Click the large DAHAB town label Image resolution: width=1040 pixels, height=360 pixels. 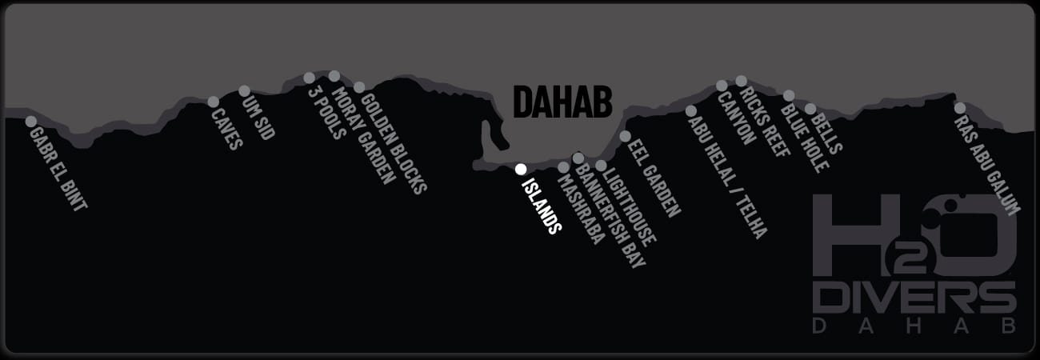tap(562, 102)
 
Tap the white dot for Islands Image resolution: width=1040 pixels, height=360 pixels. tap(520, 169)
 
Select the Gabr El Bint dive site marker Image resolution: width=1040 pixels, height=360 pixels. tap(31, 122)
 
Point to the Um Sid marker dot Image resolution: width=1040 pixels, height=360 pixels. tap(245, 90)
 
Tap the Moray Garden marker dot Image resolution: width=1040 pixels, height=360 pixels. tap(334, 76)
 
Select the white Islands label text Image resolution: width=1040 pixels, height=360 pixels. tap(541, 205)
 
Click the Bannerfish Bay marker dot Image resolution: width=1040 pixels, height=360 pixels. tap(578, 158)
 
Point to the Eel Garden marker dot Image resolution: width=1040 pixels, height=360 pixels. tap(625, 136)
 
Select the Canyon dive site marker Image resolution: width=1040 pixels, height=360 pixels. tap(722, 86)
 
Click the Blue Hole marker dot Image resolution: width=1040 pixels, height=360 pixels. tap(789, 96)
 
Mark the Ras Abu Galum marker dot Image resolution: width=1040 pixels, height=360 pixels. tap(959, 108)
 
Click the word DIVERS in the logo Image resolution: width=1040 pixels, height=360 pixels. tap(914, 299)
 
